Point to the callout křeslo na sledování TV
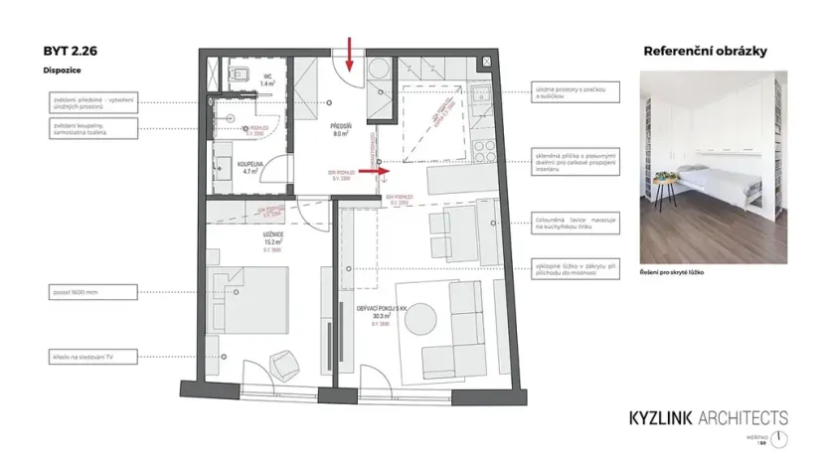click(80, 355)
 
